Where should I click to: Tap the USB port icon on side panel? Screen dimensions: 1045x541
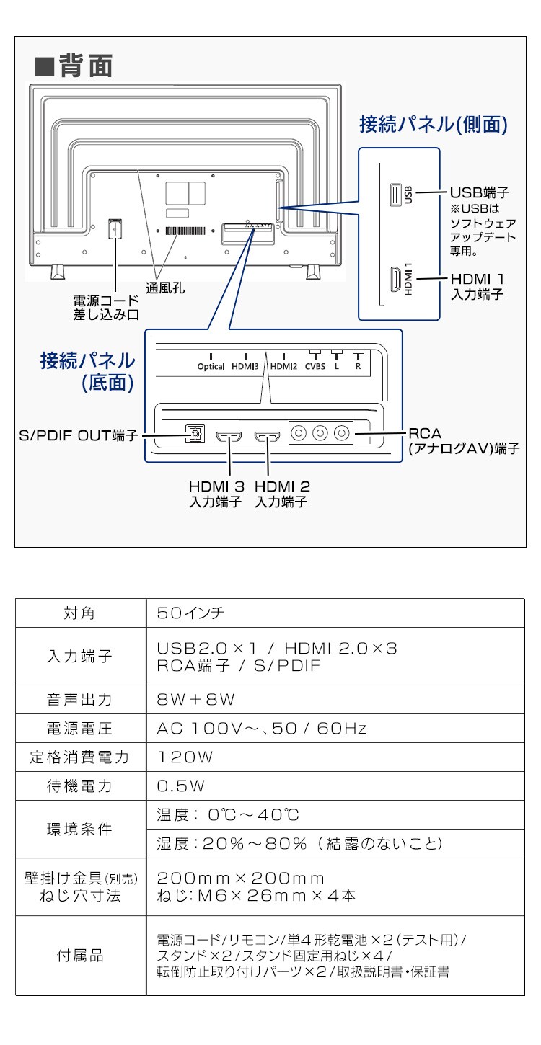pos(395,195)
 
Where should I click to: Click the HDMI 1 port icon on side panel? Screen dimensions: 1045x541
pos(395,279)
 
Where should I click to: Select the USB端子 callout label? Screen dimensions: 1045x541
pos(480,192)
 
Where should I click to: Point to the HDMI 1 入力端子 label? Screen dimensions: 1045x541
pos(477,286)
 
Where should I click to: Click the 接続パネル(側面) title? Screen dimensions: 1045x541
pos(434,125)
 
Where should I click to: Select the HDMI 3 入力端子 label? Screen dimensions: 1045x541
pos(215,494)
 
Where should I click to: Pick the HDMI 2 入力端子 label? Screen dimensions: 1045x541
pos(281,494)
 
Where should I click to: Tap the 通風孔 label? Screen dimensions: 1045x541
pos(165,288)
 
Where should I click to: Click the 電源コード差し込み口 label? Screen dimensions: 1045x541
pos(105,308)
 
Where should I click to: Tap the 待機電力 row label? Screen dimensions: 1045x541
pos(80,786)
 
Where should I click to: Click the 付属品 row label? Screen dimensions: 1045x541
pos(80,956)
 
